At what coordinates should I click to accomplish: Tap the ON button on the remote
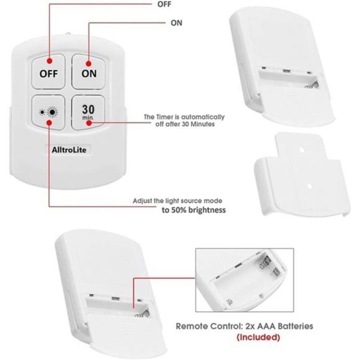pos(89,71)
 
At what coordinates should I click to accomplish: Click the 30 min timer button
pos(88,112)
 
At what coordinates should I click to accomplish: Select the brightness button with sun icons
pos(48,112)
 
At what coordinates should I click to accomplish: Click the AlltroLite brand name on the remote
pos(69,150)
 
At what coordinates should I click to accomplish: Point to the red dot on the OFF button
pos(50,61)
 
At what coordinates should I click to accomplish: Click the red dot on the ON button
pos(89,63)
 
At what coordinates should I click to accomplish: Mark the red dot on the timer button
pos(89,123)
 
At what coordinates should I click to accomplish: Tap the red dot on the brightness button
pos(49,123)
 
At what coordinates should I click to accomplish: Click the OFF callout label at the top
pos(164,4)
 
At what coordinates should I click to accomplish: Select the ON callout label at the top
pos(176,23)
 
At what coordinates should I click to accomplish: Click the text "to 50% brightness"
pos(194,210)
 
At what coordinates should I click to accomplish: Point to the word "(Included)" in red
pos(258,337)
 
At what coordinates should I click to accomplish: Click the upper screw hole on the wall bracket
pos(302,150)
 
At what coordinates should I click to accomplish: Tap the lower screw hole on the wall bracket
pos(310,186)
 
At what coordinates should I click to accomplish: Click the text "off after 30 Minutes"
pos(185,124)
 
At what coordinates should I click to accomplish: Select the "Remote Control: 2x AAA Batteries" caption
pos(245,326)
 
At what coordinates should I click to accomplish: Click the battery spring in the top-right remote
pos(312,85)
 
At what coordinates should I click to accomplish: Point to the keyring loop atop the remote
pos(68,34)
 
